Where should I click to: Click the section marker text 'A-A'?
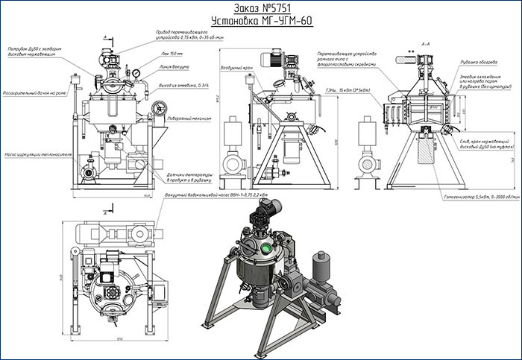tap(427, 45)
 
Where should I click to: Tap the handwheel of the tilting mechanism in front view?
tap(158, 110)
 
